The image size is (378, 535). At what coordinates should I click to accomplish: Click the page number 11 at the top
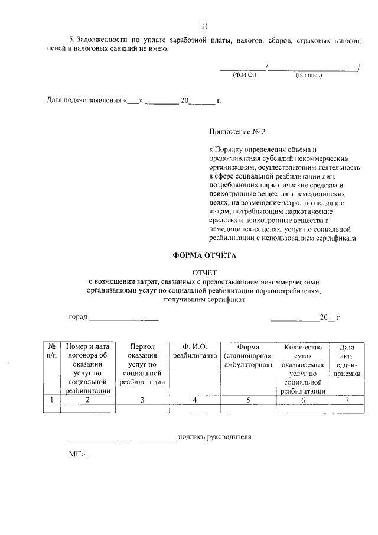coord(204,26)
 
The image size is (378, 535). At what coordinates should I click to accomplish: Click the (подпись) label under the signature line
coord(308,75)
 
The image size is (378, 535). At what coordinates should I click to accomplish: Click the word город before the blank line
coord(78,317)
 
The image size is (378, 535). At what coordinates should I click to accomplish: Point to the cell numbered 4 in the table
coord(195,400)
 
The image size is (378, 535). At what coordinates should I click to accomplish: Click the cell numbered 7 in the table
coord(347,400)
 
